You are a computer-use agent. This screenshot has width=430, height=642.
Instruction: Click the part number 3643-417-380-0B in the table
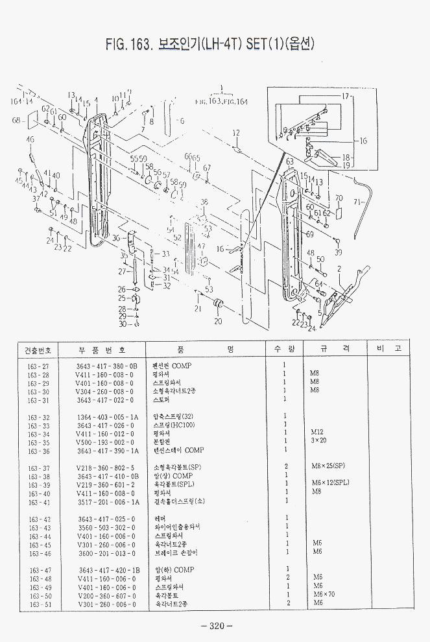(x=107, y=366)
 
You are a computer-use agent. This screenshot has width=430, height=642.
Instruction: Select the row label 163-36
(x=38, y=450)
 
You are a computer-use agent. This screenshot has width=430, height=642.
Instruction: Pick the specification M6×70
(x=322, y=595)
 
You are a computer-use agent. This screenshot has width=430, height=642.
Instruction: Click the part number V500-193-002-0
(x=105, y=442)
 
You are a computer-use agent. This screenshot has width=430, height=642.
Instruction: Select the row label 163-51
(x=38, y=604)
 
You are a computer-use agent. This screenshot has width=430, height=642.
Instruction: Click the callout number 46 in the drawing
(x=30, y=140)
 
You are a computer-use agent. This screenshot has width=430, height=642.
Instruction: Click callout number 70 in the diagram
(x=339, y=198)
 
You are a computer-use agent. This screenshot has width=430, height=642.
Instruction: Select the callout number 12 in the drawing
(x=236, y=133)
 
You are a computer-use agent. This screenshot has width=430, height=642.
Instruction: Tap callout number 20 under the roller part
(x=218, y=321)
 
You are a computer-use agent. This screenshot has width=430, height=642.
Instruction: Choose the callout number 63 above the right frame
(x=290, y=161)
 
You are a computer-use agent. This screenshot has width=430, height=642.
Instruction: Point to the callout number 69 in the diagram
(x=310, y=234)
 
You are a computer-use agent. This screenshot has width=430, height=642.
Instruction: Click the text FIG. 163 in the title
(x=128, y=44)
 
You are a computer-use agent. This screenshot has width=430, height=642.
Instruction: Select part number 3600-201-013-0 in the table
(x=106, y=553)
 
